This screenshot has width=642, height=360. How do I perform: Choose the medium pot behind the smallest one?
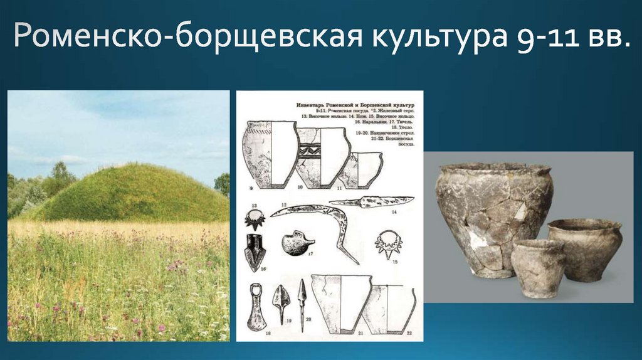(585, 248)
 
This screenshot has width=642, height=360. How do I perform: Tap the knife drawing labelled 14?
(371, 202)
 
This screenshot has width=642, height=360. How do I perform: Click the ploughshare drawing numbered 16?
(255, 251)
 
